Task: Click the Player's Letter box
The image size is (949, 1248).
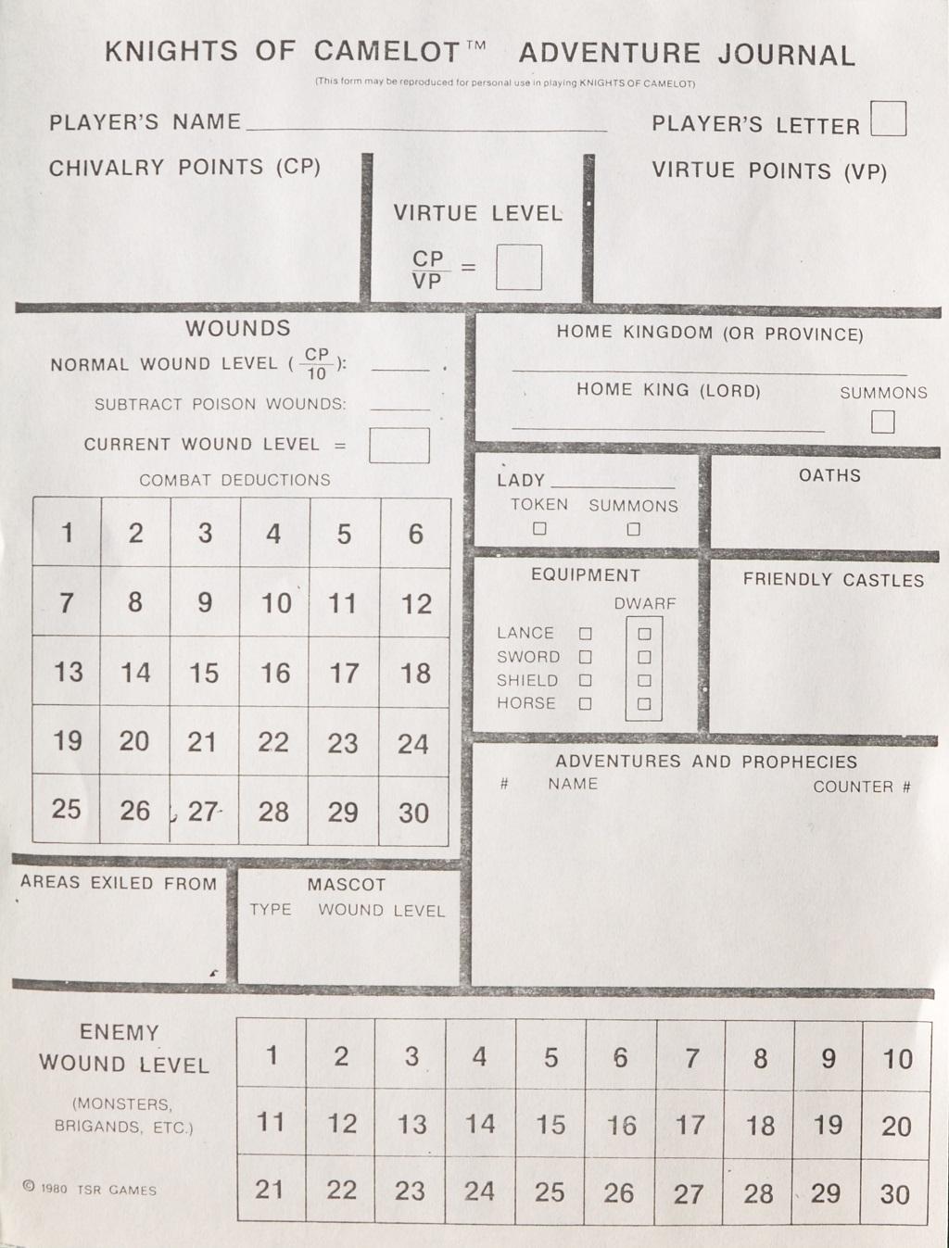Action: pyautogui.click(x=888, y=119)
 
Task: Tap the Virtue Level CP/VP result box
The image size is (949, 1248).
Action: pyautogui.click(x=518, y=268)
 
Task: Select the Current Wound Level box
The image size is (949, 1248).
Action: pyautogui.click(x=399, y=445)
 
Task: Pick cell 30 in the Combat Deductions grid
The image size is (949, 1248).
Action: pyautogui.click(x=413, y=811)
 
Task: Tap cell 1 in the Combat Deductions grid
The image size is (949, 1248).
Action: pyautogui.click(x=67, y=532)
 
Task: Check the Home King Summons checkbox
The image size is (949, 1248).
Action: pyautogui.click(x=882, y=422)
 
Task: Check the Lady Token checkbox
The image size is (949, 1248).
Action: pyautogui.click(x=539, y=529)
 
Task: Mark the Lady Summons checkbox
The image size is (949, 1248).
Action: pyautogui.click(x=633, y=529)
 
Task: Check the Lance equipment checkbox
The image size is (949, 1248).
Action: pyautogui.click(x=585, y=634)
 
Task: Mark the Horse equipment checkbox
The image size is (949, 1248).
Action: pyautogui.click(x=585, y=703)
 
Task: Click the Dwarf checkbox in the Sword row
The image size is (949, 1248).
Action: pyautogui.click(x=644, y=657)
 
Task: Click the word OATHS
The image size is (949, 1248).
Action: pyautogui.click(x=829, y=475)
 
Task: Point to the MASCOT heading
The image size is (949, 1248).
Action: pyautogui.click(x=346, y=885)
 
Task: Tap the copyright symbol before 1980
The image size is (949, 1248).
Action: pyautogui.click(x=28, y=1186)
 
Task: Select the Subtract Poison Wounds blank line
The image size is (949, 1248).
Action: pyautogui.click(x=399, y=407)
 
